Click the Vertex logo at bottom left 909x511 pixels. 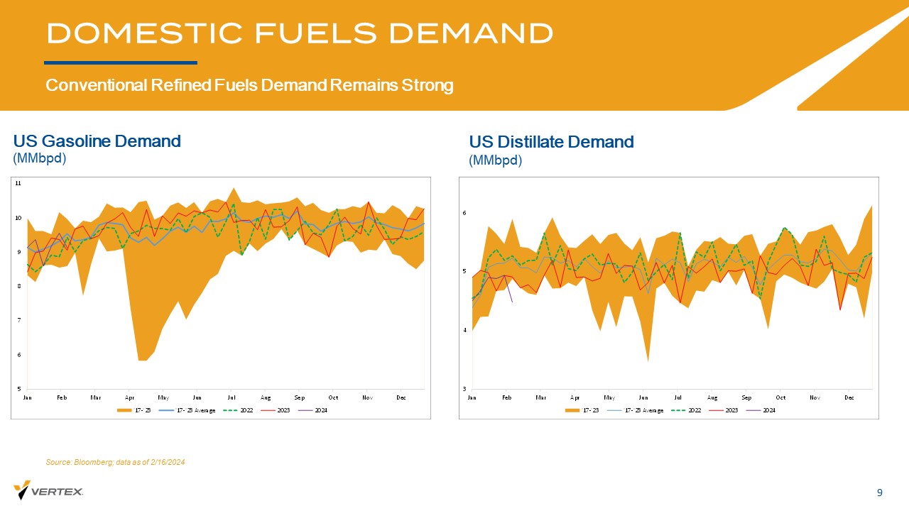48,490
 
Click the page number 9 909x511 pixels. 880,493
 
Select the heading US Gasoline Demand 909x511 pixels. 97,141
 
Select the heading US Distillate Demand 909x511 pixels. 551,142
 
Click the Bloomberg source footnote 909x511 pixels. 115,462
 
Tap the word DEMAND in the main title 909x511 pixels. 472,33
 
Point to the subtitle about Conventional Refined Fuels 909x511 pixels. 249,86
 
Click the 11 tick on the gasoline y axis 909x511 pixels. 18,183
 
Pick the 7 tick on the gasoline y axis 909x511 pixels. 18,320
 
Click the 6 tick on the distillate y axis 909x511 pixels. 464,213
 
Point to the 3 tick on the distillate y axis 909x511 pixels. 464,389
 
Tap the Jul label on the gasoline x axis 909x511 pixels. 232,397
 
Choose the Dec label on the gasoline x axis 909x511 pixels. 401,397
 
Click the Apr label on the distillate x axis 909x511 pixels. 575,397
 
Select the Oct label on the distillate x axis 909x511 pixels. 780,397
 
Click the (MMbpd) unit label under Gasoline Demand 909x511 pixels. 40,158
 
